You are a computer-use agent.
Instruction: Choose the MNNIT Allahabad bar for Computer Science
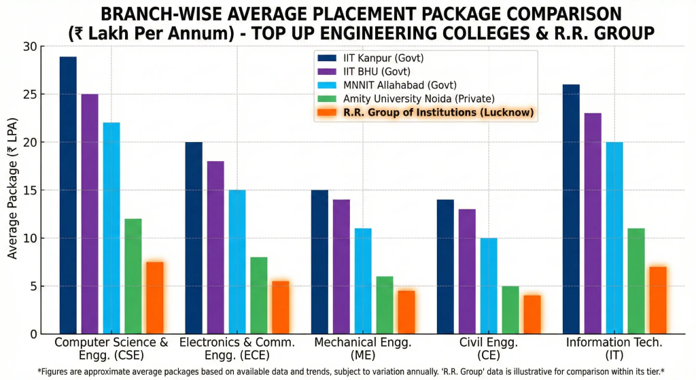[x=111, y=228]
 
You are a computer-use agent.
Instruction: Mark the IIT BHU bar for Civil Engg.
[x=467, y=271]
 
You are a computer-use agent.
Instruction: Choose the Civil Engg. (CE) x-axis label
[x=488, y=349]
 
